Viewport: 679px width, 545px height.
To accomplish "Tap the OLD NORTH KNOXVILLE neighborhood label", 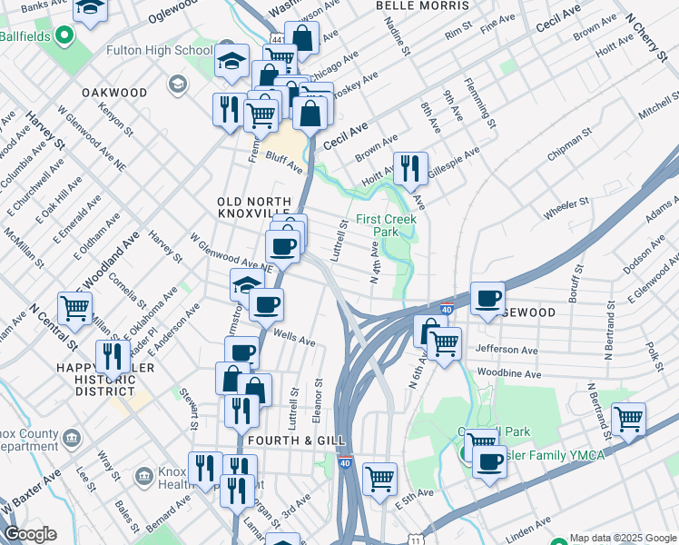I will coord(254,207).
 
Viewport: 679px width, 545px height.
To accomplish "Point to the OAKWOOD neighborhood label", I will coord(114,93).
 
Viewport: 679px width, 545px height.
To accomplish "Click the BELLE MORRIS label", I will coord(414,5).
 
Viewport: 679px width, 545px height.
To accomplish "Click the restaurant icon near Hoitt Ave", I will coord(409,167).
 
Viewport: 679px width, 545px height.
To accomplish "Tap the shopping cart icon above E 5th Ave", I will coord(379,478).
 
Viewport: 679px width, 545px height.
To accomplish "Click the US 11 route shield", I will coord(416,540).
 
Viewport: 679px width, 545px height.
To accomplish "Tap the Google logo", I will coord(31,534).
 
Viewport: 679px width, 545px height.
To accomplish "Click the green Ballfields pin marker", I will coord(64,35).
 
